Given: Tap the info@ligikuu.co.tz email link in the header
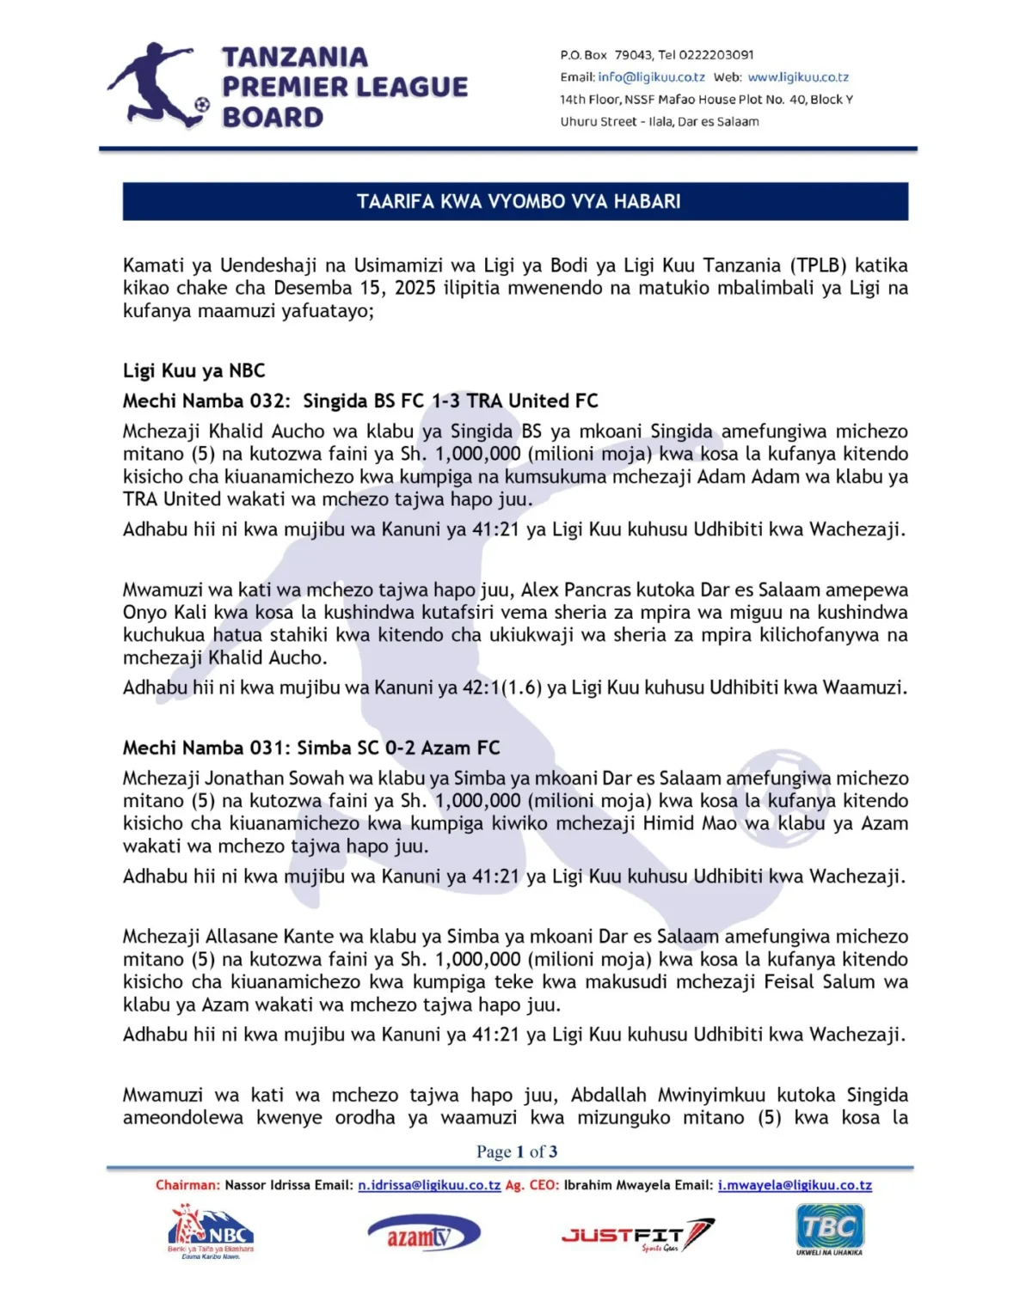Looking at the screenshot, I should tap(651, 77).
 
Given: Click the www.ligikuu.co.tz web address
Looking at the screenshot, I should tap(798, 77).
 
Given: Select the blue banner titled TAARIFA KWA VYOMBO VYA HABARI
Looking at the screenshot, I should tap(516, 201).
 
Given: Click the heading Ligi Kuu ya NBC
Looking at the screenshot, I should tap(193, 370).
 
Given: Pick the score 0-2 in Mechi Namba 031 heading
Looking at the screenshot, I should tap(400, 748).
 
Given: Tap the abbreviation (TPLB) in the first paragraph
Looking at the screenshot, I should tap(816, 266).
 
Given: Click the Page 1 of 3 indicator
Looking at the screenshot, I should tap(517, 1152).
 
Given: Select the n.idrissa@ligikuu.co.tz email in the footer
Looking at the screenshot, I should tap(429, 1185).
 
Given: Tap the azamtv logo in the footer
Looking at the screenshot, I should tap(423, 1235).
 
